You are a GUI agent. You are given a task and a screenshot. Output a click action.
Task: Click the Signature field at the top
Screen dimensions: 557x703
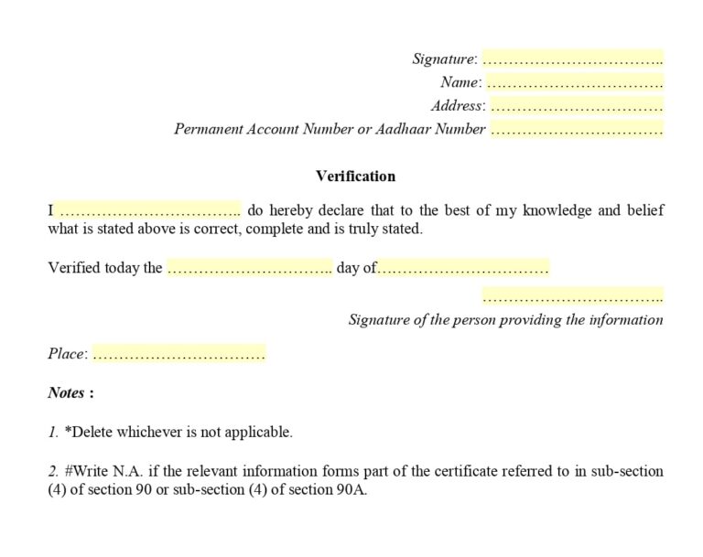pyautogui.click(x=572, y=59)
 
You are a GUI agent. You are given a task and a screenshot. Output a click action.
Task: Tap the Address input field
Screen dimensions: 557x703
pyautogui.click(x=576, y=106)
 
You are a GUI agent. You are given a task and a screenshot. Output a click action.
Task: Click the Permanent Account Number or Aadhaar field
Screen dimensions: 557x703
pyautogui.click(x=576, y=130)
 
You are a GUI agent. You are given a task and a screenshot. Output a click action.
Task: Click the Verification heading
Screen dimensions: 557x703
pyautogui.click(x=355, y=176)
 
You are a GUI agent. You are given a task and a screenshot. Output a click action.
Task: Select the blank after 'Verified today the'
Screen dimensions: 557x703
pyautogui.click(x=248, y=268)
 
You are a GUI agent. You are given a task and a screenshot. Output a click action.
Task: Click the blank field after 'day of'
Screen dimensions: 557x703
pyautogui.click(x=463, y=268)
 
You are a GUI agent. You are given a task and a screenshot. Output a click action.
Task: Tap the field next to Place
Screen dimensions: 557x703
pyautogui.click(x=178, y=353)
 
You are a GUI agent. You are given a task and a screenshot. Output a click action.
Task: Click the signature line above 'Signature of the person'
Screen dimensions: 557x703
pyautogui.click(x=572, y=296)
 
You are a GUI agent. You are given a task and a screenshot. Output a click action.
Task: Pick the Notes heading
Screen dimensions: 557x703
pyautogui.click(x=70, y=392)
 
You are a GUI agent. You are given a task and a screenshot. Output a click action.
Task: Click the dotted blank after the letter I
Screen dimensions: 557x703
pyautogui.click(x=149, y=211)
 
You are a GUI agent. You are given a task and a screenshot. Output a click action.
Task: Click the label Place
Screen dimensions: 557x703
pyautogui.click(x=67, y=354)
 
